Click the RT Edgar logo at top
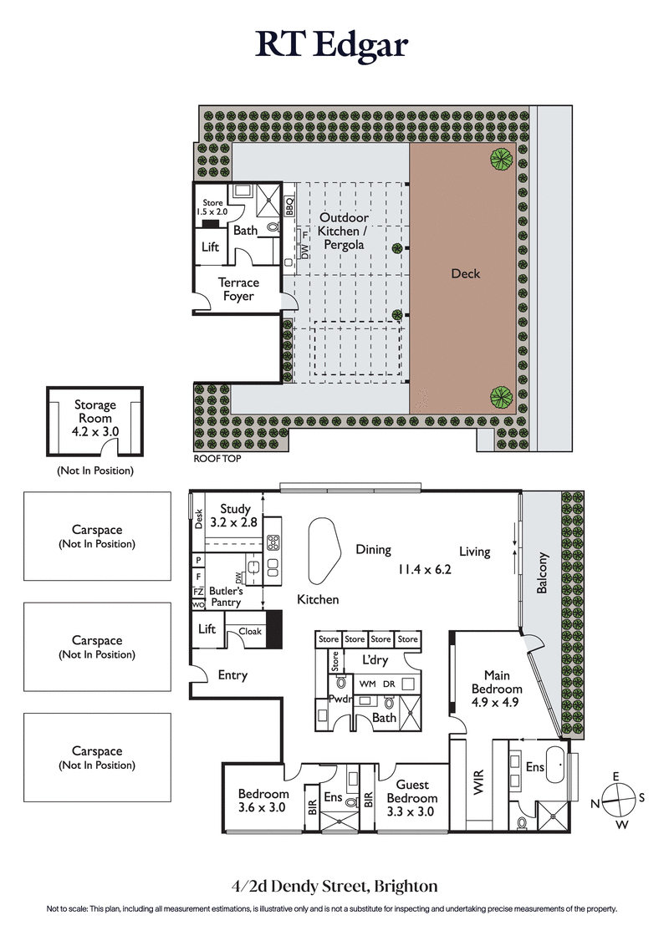tap(333, 44)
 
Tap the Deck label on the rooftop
tap(465, 273)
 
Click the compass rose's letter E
tap(616, 777)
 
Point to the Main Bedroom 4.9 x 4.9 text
tap(497, 689)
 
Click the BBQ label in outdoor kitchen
tap(290, 206)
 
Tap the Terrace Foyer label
tap(238, 289)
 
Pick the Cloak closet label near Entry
tap(250, 632)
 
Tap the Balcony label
tap(544, 572)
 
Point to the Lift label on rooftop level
tap(211, 248)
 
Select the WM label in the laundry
tap(367, 684)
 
